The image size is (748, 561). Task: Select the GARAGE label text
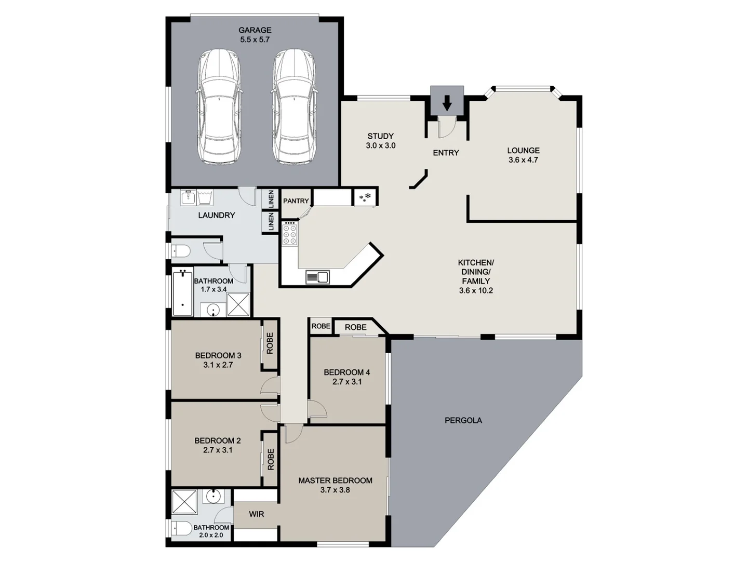(x=255, y=30)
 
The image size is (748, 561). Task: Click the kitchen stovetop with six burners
(x=290, y=234)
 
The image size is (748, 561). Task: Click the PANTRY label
(x=296, y=201)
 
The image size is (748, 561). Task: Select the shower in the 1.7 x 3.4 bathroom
(x=238, y=304)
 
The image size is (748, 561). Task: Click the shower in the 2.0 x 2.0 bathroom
(x=184, y=501)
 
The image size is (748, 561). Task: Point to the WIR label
(x=256, y=514)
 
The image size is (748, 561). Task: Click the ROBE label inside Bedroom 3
(x=270, y=343)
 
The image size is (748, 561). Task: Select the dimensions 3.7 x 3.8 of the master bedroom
(x=335, y=490)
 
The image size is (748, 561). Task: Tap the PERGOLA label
(x=463, y=420)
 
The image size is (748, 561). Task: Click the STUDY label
(x=380, y=136)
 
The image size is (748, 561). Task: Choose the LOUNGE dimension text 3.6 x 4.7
(x=523, y=160)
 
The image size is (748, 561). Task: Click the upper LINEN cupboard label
(x=271, y=199)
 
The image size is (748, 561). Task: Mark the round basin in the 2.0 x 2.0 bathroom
(x=213, y=496)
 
